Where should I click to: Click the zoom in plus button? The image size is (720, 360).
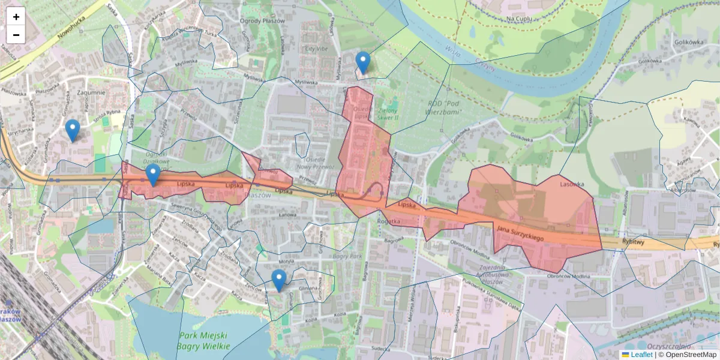click(x=16, y=16)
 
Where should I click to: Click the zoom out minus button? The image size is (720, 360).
click(x=16, y=35)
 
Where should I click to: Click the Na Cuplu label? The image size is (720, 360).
click(x=520, y=19)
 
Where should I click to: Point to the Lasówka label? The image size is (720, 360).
click(x=572, y=184)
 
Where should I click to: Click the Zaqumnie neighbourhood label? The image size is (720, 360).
click(x=91, y=92)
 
